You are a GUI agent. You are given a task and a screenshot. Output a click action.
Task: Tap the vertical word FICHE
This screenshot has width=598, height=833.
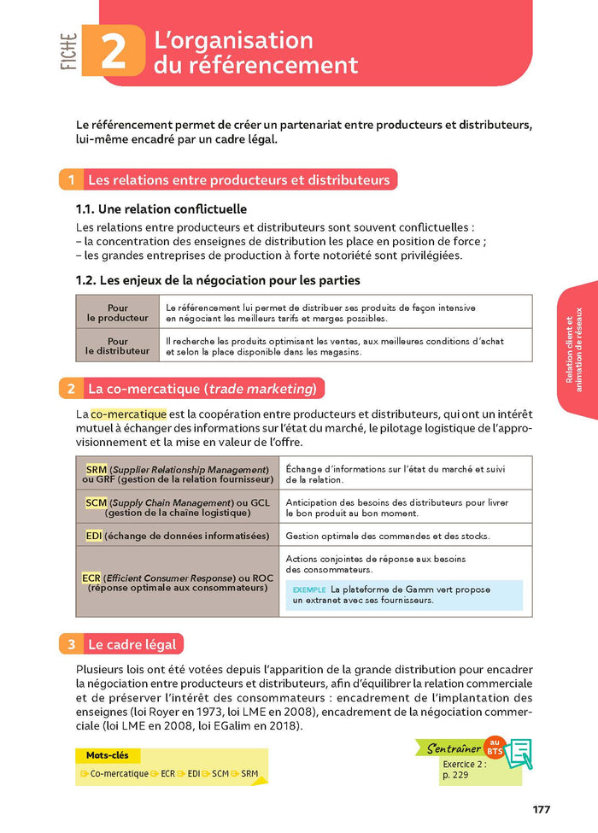(x=69, y=53)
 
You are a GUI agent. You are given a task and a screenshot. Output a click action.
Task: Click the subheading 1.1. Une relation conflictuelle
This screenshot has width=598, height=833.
(x=161, y=208)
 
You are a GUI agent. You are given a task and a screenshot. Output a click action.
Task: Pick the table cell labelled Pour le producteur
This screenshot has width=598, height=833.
(x=117, y=313)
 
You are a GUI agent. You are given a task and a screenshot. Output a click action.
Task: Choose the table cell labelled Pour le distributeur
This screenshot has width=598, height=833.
(x=117, y=345)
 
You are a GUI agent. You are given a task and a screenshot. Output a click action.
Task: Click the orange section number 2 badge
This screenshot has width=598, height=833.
(x=71, y=389)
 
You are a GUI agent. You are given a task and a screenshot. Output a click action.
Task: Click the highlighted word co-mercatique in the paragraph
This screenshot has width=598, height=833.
(x=128, y=414)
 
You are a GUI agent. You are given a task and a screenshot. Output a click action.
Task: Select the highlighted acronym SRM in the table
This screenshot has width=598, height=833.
(x=97, y=470)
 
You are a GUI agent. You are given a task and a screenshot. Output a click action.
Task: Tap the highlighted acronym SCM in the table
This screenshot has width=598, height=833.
(x=97, y=502)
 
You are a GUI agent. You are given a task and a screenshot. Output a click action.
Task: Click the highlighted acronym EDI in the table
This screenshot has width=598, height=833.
(x=94, y=536)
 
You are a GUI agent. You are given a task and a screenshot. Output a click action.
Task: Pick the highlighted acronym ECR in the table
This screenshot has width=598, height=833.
(x=91, y=578)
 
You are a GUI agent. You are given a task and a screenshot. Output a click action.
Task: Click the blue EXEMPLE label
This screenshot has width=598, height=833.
(x=308, y=590)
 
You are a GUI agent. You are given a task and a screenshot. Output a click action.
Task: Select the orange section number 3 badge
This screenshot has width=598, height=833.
(x=71, y=644)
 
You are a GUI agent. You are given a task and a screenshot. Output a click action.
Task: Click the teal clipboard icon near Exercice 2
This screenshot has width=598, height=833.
(x=518, y=753)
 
